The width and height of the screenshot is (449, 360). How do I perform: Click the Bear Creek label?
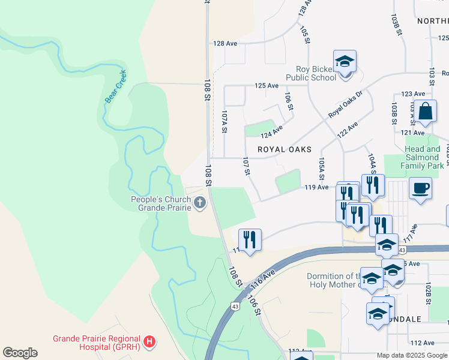pyautogui.click(x=116, y=87)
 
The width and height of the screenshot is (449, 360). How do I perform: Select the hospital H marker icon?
pyautogui.click(x=150, y=343)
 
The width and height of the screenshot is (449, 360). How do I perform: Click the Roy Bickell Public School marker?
pyautogui.click(x=345, y=62)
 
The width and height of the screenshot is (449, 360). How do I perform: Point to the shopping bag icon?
pyautogui.click(x=426, y=112)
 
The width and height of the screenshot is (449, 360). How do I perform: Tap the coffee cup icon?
pyautogui.click(x=420, y=188)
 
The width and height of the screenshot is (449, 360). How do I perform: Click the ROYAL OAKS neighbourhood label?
pyautogui.click(x=285, y=149)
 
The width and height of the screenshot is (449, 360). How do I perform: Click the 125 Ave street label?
pyautogui.click(x=267, y=86)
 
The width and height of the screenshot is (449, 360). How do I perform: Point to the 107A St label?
pyautogui.click(x=224, y=121)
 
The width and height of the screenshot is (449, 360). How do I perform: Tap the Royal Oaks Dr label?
pyautogui.click(x=346, y=105)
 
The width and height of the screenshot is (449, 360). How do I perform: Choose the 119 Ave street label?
pyautogui.click(x=316, y=187)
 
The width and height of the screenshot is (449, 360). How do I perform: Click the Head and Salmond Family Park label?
pyautogui.click(x=423, y=157)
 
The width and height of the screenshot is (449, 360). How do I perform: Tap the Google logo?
pyautogui.click(x=20, y=353)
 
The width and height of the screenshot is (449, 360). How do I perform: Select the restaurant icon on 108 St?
pyautogui.click(x=250, y=240)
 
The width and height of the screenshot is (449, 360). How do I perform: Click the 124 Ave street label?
pyautogui.click(x=272, y=131)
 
